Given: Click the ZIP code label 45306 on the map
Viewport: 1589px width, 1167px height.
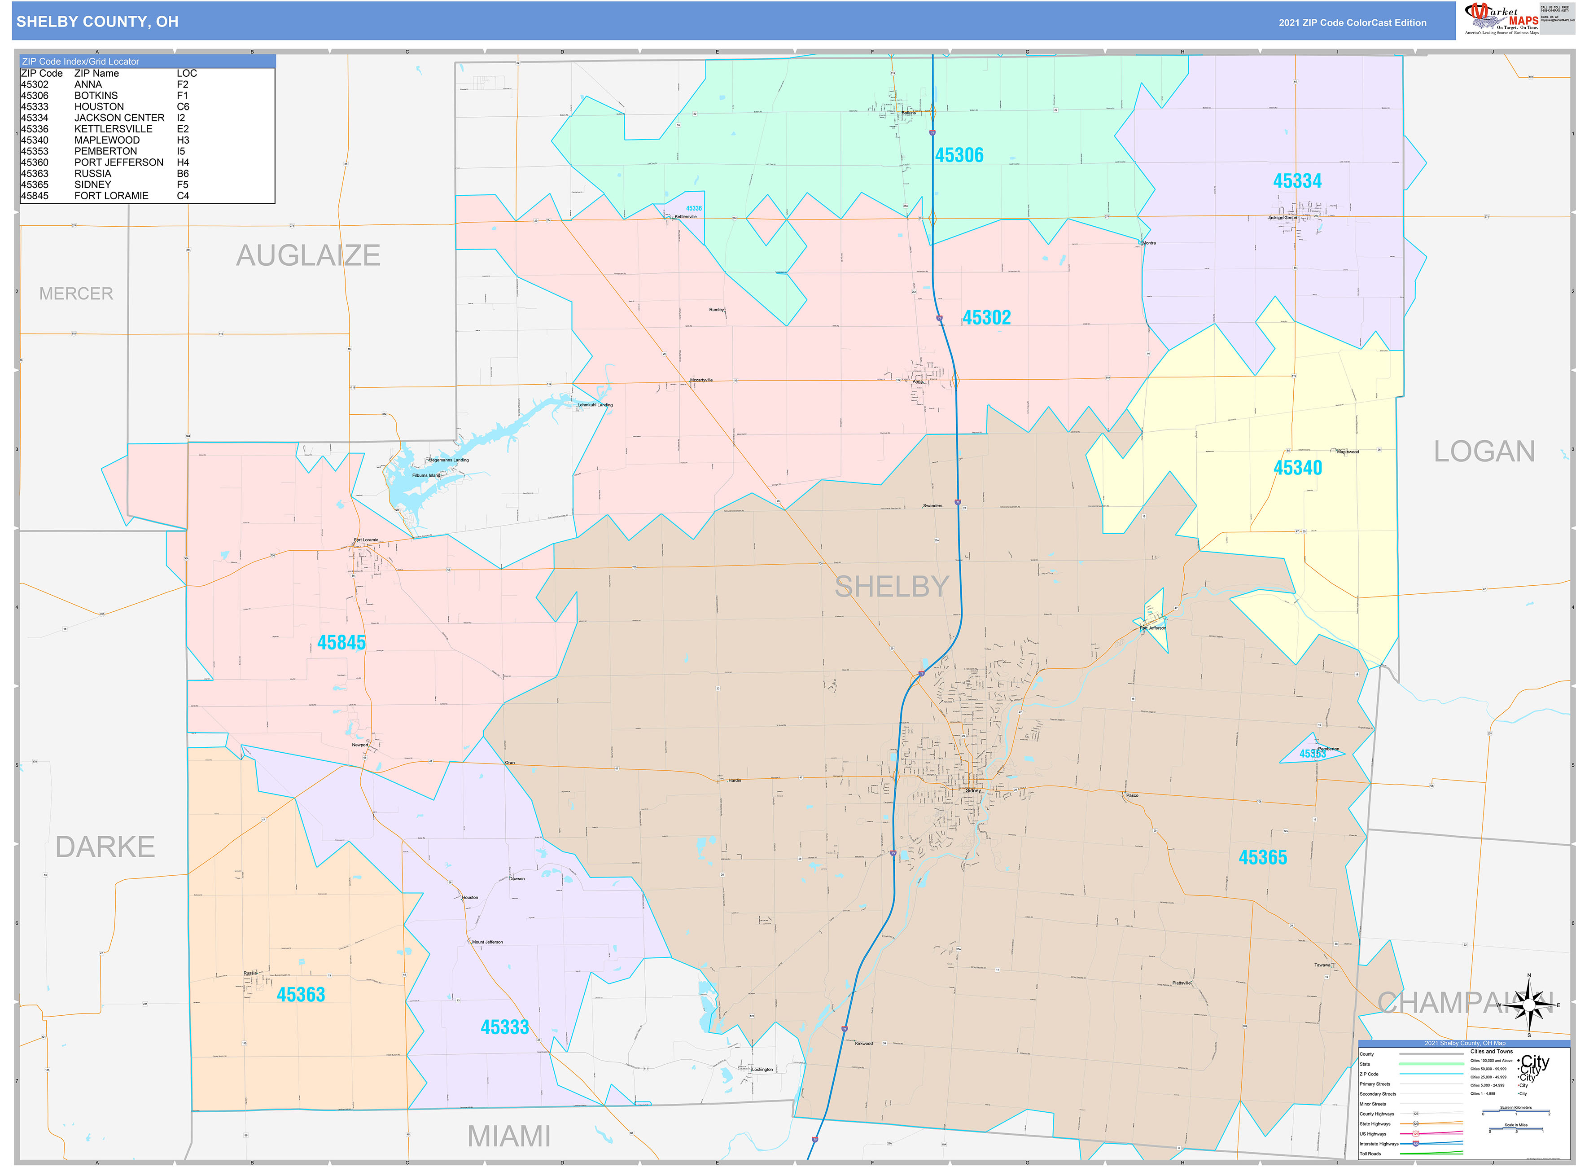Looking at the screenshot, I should (x=959, y=155).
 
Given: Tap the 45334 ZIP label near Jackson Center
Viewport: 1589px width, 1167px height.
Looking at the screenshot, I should (x=1296, y=181).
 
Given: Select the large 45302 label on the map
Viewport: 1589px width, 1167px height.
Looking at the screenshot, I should (x=986, y=318).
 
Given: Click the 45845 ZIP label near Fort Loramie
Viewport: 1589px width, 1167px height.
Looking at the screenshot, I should (x=341, y=643).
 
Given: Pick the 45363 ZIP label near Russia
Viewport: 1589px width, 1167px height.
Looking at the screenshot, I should (x=301, y=995).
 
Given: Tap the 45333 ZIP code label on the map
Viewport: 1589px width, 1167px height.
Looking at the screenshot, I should (x=504, y=1027).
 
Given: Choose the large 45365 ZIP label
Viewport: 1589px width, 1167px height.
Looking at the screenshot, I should (x=1263, y=858).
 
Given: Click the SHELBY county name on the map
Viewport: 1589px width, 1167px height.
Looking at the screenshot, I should (x=891, y=586).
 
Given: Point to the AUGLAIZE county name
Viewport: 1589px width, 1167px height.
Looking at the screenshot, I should (x=308, y=256).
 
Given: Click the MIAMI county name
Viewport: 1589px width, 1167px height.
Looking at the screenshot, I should (x=508, y=1136).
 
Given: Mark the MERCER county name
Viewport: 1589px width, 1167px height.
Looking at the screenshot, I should (x=75, y=294).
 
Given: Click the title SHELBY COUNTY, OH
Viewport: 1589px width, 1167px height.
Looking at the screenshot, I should (x=97, y=22).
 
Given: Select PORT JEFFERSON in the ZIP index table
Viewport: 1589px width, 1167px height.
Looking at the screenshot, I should (x=118, y=162).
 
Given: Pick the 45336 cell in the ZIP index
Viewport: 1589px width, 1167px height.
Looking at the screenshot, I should (x=35, y=129).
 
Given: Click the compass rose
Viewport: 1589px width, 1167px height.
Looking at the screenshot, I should (x=1528, y=1004).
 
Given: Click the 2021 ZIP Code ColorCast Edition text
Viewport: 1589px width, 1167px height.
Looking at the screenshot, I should (x=1352, y=22).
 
